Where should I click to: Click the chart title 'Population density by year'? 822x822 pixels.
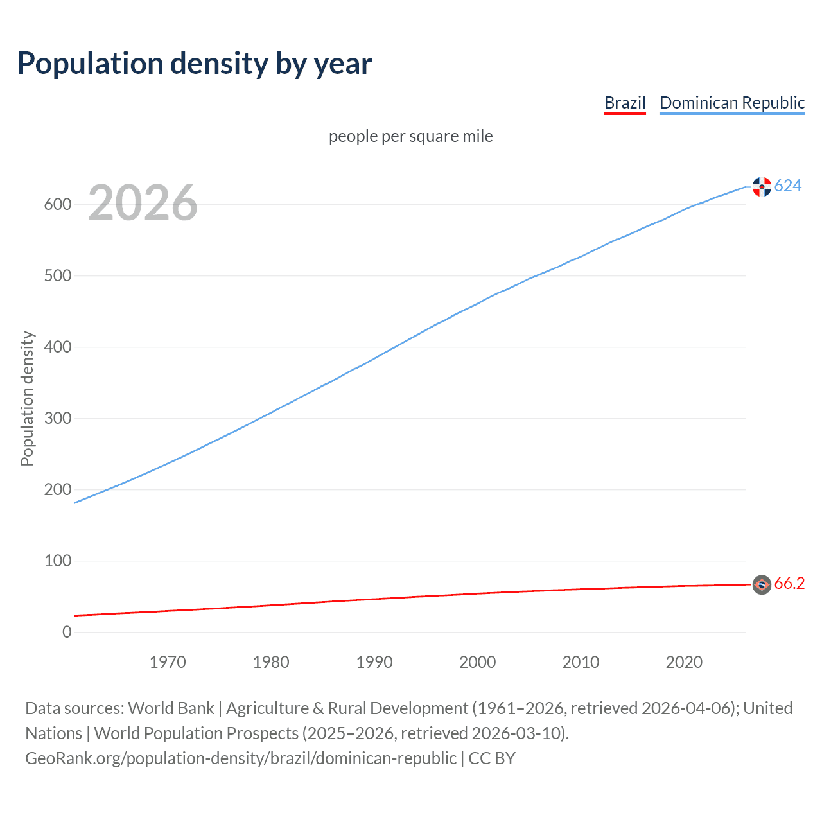click(195, 64)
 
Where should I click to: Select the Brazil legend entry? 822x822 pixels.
click(625, 103)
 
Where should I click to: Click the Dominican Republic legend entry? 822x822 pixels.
click(732, 103)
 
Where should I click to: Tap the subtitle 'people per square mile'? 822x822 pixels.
click(411, 136)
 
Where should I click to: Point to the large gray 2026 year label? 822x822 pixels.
click(143, 203)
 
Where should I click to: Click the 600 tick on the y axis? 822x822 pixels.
click(57, 204)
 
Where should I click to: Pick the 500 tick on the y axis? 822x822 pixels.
click(57, 275)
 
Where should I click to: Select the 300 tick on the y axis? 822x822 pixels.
click(57, 418)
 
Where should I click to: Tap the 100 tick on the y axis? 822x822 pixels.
click(57, 561)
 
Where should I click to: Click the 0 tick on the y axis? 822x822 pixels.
click(67, 632)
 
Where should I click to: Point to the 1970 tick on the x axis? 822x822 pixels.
click(168, 662)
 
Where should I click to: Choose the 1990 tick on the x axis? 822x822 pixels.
click(374, 662)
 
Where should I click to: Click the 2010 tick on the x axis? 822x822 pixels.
click(581, 662)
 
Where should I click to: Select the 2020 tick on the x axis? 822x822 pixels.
click(684, 662)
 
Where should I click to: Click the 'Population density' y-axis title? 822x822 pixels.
click(27, 398)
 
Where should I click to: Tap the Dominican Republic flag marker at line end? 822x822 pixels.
click(762, 187)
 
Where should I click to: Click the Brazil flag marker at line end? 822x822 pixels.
click(762, 584)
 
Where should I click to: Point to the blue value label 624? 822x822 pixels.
click(788, 186)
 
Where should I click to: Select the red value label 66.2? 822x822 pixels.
click(789, 584)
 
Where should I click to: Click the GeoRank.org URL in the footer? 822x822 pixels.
click(241, 758)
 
